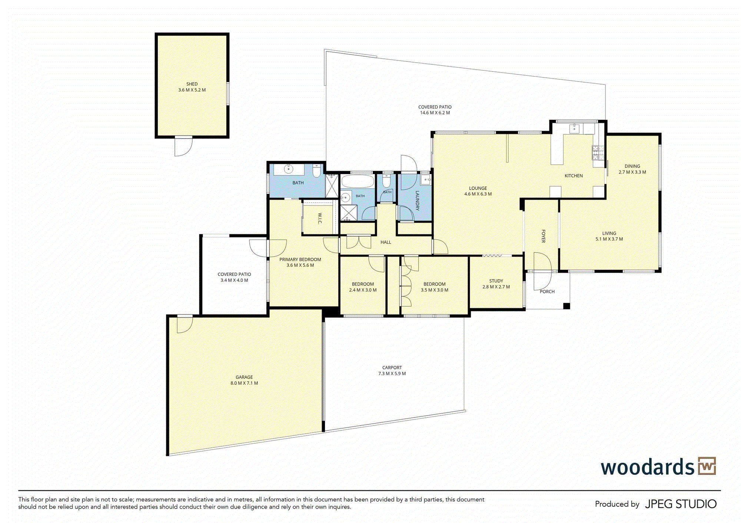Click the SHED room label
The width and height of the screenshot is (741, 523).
tap(192, 84)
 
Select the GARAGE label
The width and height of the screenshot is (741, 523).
tap(244, 377)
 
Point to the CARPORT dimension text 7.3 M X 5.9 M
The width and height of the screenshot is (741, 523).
tap(392, 373)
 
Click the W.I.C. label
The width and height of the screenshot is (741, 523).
tap(320, 219)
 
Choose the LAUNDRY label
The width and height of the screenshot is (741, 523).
tap(417, 201)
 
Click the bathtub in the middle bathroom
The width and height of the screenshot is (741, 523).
tap(358, 181)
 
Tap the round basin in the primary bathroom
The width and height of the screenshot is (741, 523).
tap(288, 169)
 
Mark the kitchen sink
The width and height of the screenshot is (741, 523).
tap(574, 129)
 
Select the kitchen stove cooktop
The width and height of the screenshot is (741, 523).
tap(598, 153)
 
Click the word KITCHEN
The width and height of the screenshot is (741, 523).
tap(574, 176)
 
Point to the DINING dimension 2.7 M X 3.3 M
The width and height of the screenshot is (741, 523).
tap(632, 172)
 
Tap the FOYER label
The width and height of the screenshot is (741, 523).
tap(543, 236)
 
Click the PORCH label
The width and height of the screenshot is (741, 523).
tap(547, 292)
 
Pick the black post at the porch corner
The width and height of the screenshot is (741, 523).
tap(566, 306)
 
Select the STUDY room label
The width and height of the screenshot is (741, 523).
tap(496, 281)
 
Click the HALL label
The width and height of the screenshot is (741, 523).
tap(386, 242)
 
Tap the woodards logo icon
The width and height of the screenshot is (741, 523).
tap(707, 466)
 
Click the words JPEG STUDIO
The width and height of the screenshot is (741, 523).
tap(681, 504)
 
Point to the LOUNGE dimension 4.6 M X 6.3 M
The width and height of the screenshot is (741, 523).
tap(478, 194)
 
